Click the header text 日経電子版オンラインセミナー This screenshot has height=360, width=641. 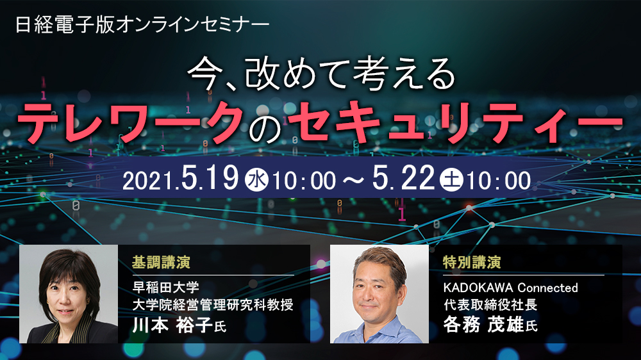click(x=142, y=25)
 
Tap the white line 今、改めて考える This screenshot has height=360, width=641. click(x=321, y=74)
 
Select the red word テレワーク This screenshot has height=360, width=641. click(x=131, y=122)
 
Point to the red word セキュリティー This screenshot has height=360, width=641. click(x=455, y=122)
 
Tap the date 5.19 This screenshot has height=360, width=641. click(x=210, y=177)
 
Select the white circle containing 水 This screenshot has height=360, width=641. click(x=257, y=180)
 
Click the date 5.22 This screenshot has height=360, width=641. click(x=403, y=177)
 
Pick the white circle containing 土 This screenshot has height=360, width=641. click(x=451, y=180)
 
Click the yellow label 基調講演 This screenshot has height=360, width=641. click(x=161, y=263)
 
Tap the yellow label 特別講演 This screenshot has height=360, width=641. click(x=472, y=263)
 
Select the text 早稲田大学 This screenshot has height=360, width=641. click(x=165, y=287)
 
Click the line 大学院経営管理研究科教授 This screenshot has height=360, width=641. click(x=213, y=305)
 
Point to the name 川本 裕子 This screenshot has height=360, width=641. click(x=172, y=325)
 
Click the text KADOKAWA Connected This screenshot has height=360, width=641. click(x=511, y=288)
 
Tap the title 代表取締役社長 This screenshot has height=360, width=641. click(x=490, y=305)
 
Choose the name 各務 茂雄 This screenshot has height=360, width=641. click(x=483, y=325)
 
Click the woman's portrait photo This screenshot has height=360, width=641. click(x=69, y=294)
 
